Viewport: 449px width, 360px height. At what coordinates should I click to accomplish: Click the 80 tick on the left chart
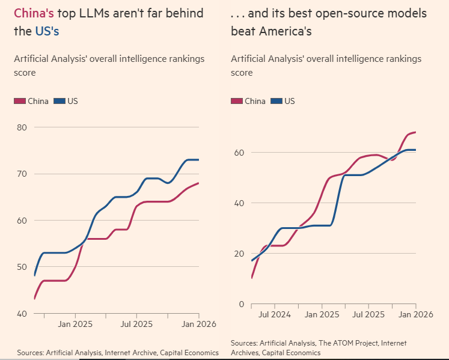tap(22, 127)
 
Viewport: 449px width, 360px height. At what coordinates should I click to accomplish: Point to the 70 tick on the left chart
tap(22, 174)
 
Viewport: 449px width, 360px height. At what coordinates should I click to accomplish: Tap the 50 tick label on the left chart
tap(22, 267)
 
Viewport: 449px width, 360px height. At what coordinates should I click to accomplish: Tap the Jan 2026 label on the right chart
tap(415, 314)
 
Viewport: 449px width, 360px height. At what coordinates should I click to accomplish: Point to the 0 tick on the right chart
tap(242, 304)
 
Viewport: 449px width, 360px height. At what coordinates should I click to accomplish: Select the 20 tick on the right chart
tap(239, 254)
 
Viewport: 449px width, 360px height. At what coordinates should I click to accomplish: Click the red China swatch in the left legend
tap(20, 101)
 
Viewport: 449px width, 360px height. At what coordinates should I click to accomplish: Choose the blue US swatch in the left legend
tap(60, 101)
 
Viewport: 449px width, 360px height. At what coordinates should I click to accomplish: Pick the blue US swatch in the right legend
tap(276, 101)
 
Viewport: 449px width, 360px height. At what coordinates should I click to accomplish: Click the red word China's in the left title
tap(34, 13)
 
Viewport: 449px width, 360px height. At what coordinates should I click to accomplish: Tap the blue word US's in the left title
tap(47, 31)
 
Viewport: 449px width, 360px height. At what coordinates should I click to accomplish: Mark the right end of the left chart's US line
tap(198, 160)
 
